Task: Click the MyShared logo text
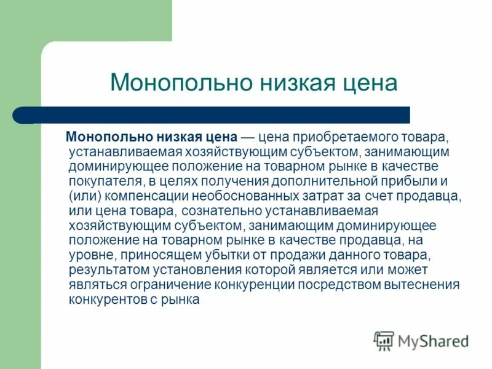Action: coord(434,341)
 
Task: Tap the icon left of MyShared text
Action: coord(383,341)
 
